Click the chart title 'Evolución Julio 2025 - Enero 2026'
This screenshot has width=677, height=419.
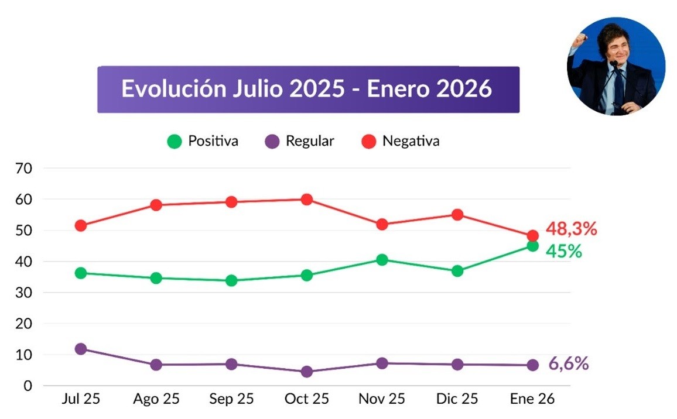coord(307,89)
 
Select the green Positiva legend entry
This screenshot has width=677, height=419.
coord(203,141)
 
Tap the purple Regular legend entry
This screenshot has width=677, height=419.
coord(299,141)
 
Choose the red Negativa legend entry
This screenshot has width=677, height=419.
coord(401,141)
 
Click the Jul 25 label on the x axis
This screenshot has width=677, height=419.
coord(81,399)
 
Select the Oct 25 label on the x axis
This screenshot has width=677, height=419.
coord(306,399)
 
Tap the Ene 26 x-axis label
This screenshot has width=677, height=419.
coord(532,399)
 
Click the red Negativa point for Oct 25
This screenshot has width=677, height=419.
coord(306,200)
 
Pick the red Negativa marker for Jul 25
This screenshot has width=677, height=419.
coord(81,225)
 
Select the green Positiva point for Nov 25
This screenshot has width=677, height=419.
coord(382,260)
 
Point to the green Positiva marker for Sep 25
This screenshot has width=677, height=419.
coord(231,280)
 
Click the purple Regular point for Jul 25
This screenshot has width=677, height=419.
coord(81,349)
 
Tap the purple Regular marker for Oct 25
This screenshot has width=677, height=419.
coord(306,372)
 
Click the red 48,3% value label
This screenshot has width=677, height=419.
coord(571,229)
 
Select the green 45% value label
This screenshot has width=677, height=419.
coord(563,252)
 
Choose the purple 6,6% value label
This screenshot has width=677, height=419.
coord(568,364)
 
